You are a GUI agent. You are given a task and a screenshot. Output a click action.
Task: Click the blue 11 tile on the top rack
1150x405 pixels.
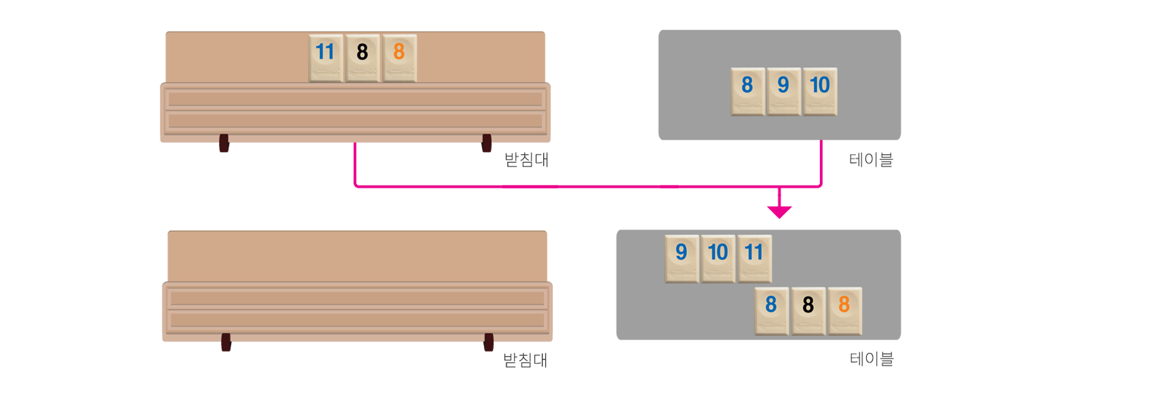click(326, 58)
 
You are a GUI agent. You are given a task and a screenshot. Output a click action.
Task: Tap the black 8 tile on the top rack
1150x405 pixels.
click(362, 58)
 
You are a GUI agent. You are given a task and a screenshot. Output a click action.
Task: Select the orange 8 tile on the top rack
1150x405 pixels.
click(399, 58)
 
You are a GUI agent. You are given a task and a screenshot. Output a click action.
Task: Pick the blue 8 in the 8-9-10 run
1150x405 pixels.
click(747, 91)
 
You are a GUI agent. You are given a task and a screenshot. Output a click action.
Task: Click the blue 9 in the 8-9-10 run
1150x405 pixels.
click(783, 91)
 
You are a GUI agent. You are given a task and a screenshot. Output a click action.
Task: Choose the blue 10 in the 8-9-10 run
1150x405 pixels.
click(819, 91)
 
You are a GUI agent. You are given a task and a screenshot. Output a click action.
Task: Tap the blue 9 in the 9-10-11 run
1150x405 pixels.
click(682, 258)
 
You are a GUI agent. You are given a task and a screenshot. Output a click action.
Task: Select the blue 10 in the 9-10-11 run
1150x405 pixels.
click(718, 258)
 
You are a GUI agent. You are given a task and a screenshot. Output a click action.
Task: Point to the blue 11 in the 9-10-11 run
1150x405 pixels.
click(754, 258)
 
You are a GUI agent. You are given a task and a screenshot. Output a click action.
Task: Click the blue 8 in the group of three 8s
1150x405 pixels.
click(771, 310)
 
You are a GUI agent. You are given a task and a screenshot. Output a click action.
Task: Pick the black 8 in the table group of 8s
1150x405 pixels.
click(808, 310)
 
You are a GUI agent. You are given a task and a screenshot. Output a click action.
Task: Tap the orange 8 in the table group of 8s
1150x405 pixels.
click(845, 310)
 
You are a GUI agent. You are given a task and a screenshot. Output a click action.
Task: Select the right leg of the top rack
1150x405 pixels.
click(486, 152)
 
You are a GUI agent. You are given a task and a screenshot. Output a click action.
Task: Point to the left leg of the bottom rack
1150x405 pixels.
click(226, 352)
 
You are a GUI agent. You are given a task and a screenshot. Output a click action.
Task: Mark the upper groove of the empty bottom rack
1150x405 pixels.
click(357, 298)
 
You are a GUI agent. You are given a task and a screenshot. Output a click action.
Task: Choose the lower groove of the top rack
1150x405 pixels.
click(355, 121)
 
